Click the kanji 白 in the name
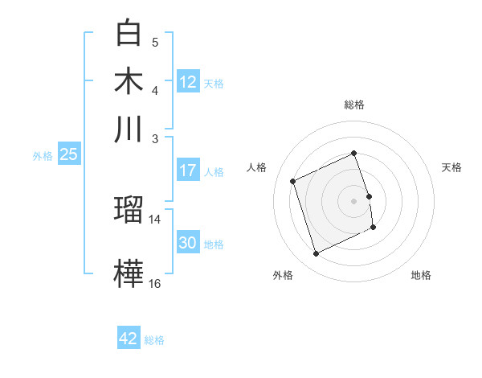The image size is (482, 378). click(130, 33)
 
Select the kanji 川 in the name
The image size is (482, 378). click(130, 129)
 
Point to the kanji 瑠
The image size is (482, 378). click(130, 211)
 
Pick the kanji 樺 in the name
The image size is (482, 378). click(130, 273)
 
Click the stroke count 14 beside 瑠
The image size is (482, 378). click(155, 219)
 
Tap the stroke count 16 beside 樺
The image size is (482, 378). click(155, 283)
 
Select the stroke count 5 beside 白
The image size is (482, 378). click(155, 42)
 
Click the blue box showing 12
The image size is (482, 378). click(188, 81)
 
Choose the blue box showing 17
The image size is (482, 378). click(188, 171)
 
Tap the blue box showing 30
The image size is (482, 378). click(188, 243)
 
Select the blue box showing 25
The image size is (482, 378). click(68, 154)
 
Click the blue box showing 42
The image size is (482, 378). click(129, 339)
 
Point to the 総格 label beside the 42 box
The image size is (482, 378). click(154, 340)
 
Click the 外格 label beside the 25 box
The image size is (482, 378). click(43, 156)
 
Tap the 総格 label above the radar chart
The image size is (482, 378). click(354, 105)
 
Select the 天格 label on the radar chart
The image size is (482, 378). click(451, 167)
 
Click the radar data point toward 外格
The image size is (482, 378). click(316, 254)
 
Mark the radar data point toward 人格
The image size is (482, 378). click(293, 180)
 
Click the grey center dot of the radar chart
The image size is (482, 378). click(354, 200)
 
